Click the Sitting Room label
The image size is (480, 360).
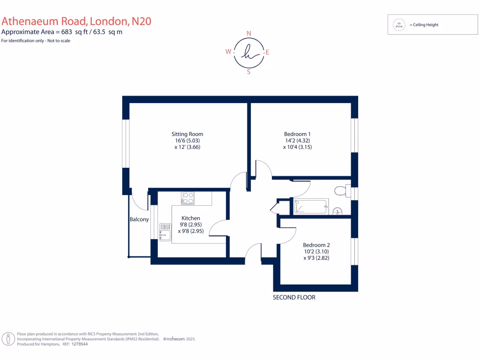coord(187,134)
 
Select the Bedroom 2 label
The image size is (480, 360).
coord(316,245)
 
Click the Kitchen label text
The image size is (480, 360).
coord(191,218)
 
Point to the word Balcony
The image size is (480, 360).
coord(139,219)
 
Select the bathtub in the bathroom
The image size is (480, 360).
coord(310,207)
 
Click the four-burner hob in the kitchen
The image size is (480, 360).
coord(188,198)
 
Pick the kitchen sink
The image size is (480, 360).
coord(165,232)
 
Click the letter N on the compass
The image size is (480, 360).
coord(248,33)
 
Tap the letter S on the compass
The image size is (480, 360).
coord(248,72)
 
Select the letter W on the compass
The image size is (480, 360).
coord(228,52)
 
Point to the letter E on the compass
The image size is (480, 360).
coord(268,52)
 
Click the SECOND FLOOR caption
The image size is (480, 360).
coord(294,298)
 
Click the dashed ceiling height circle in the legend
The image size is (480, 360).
coord(399,25)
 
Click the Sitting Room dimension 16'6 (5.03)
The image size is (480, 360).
coord(187,141)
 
